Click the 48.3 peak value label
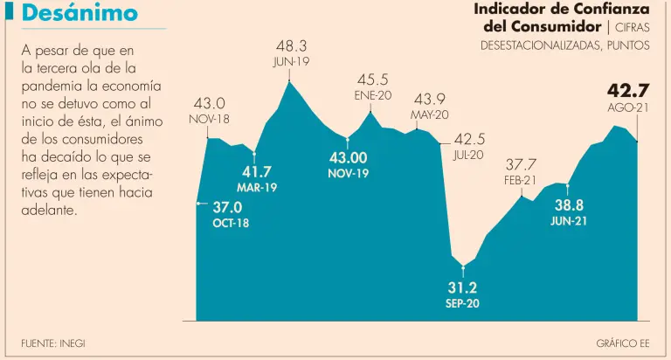point(291,45)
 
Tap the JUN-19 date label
point(291,62)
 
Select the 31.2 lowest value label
point(462,287)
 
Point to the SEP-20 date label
point(462,303)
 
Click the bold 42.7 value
point(628,90)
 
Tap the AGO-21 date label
point(628,107)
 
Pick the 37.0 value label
point(227,207)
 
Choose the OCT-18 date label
point(231,223)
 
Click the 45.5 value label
point(372,79)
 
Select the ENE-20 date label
point(372,94)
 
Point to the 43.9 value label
point(430,99)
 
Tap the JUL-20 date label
point(468,155)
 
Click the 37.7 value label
point(521,164)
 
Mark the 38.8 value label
point(569,205)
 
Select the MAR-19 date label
point(257,187)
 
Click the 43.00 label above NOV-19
point(348,157)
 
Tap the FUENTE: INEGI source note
point(53,343)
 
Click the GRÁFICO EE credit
point(623,343)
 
